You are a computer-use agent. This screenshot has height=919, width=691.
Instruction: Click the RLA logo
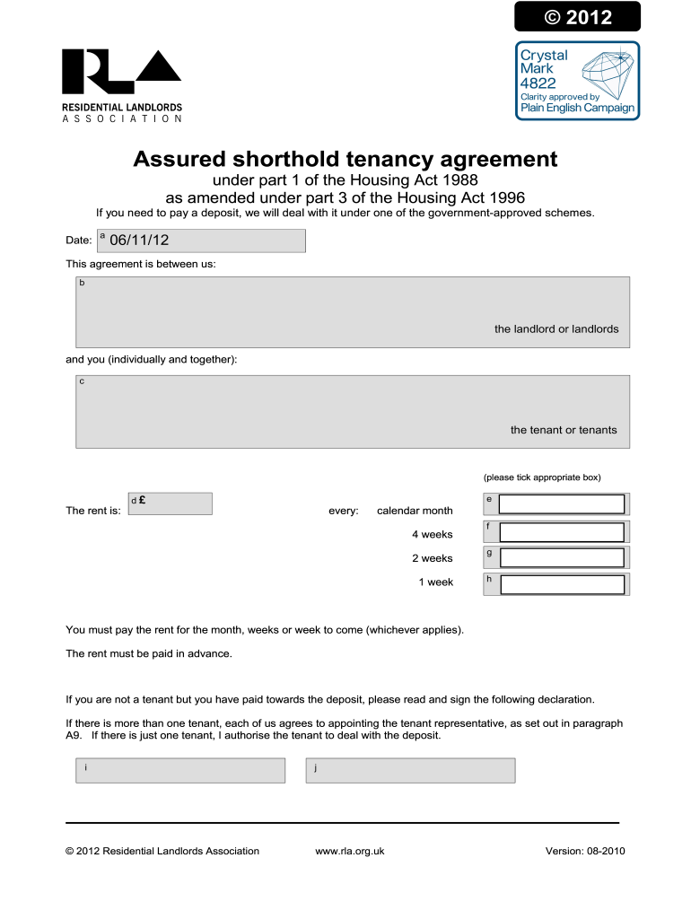121,74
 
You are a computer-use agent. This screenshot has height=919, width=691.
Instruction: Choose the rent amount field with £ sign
171,503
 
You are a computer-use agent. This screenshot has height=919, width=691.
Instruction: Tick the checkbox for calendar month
561,504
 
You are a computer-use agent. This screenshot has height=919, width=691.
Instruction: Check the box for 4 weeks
561,531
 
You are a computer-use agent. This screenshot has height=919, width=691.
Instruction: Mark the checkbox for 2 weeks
561,557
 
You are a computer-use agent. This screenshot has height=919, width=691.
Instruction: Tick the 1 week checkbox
561,584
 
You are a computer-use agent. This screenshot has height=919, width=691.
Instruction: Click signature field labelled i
179,770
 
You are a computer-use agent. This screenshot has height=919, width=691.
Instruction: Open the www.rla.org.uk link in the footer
350,851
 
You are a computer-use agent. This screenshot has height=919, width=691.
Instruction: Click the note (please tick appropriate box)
541,477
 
